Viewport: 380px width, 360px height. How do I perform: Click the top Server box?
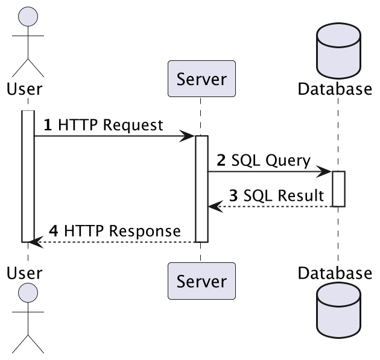pyautogui.click(x=201, y=78)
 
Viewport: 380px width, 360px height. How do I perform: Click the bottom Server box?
pyautogui.click(x=201, y=281)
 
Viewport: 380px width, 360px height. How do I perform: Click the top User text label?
pyautogui.click(x=24, y=89)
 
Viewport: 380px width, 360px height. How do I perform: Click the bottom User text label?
pyautogui.click(x=24, y=273)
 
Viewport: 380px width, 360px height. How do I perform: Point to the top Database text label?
pyautogui.click(x=335, y=89)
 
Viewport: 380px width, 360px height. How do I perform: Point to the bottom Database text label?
pyautogui.click(x=335, y=273)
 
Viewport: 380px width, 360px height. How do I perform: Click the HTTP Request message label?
pyautogui.click(x=103, y=125)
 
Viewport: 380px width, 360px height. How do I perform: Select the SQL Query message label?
pyautogui.click(x=263, y=160)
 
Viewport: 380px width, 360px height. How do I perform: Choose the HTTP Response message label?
pyautogui.click(x=114, y=231)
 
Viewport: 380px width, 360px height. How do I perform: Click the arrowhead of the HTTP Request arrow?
pyautogui.click(x=189, y=136)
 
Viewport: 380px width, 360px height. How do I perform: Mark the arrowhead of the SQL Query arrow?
pyautogui.click(x=326, y=172)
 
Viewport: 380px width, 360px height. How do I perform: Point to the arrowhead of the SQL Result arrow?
pyautogui.click(x=214, y=207)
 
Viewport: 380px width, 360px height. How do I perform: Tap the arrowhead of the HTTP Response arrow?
pyautogui.click(x=35, y=242)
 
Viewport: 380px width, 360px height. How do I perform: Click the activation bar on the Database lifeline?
pyautogui.click(x=338, y=189)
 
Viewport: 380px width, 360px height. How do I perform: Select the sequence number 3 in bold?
pyautogui.click(x=233, y=196)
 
